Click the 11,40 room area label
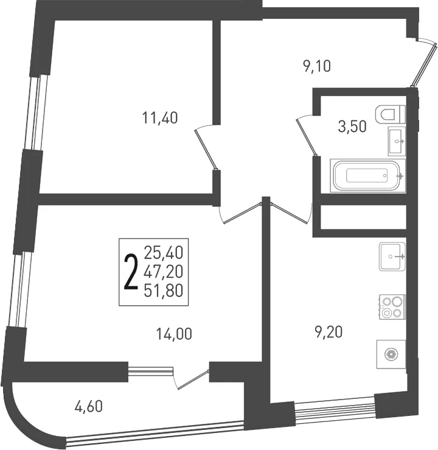click(160, 118)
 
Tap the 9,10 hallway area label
click(316, 66)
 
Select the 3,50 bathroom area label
click(352, 126)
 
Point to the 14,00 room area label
click(174, 334)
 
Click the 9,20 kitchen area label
click(328, 333)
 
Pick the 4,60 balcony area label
click(88, 407)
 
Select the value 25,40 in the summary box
click(164, 252)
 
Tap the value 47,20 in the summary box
click(164, 271)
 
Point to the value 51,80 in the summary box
click(164, 291)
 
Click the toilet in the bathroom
click(390, 114)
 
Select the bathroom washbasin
click(397, 141)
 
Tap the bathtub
click(367, 175)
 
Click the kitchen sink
click(392, 256)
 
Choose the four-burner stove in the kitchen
click(392, 307)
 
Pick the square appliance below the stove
click(391, 355)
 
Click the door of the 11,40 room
click(206, 148)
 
